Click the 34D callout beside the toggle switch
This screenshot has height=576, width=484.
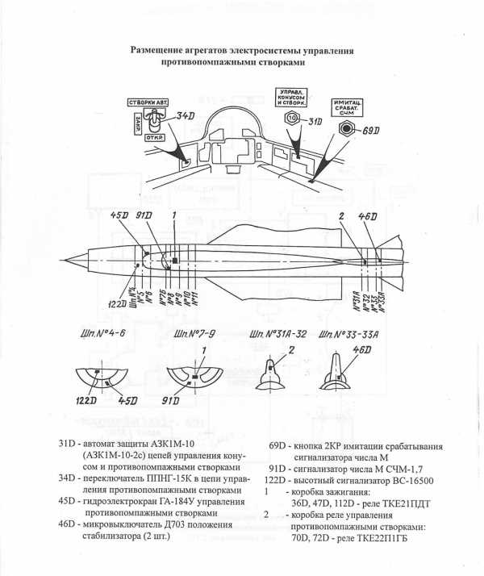(186, 117)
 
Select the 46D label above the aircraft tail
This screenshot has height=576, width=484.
(368, 216)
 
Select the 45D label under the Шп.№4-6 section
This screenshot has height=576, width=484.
(128, 399)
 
